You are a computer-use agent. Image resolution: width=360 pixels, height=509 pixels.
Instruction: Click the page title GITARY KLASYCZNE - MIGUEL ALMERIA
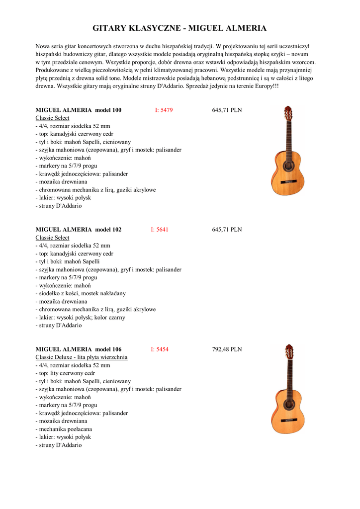pyautogui.click(x=180, y=28)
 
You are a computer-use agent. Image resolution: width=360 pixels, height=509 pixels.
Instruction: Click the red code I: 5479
pyautogui.click(x=164, y=110)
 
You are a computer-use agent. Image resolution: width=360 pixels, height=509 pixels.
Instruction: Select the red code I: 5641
pyautogui.click(x=160, y=230)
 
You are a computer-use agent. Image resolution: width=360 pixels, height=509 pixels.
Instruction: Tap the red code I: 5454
pyautogui.click(x=160, y=349)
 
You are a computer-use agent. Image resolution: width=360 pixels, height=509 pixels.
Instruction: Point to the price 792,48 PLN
pyautogui.click(x=227, y=349)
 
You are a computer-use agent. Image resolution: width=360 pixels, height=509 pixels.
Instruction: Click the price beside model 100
pyautogui.click(x=227, y=110)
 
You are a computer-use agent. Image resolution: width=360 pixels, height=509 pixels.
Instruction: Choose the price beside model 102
pyautogui.click(x=227, y=230)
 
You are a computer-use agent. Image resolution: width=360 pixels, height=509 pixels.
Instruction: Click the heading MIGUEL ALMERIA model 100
pyautogui.click(x=79, y=110)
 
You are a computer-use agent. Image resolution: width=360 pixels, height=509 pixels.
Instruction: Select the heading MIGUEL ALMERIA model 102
pyautogui.click(x=79, y=230)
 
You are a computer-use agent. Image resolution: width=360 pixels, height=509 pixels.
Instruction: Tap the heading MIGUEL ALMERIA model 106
pyautogui.click(x=79, y=349)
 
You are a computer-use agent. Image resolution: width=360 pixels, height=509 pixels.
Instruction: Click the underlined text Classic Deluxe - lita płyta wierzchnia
pyautogui.click(x=82, y=357)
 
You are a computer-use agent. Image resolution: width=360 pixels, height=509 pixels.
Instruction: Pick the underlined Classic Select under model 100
pyautogui.click(x=52, y=118)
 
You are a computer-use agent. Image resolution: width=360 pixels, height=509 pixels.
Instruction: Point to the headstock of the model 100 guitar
pyautogui.click(x=288, y=113)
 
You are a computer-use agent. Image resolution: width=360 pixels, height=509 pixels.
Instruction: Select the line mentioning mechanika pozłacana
pyautogui.click(x=64, y=429)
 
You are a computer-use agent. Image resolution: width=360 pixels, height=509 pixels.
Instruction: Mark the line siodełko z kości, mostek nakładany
pyautogui.click(x=81, y=293)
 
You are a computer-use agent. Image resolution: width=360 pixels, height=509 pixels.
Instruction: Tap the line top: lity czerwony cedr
pyautogui.click(x=65, y=373)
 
